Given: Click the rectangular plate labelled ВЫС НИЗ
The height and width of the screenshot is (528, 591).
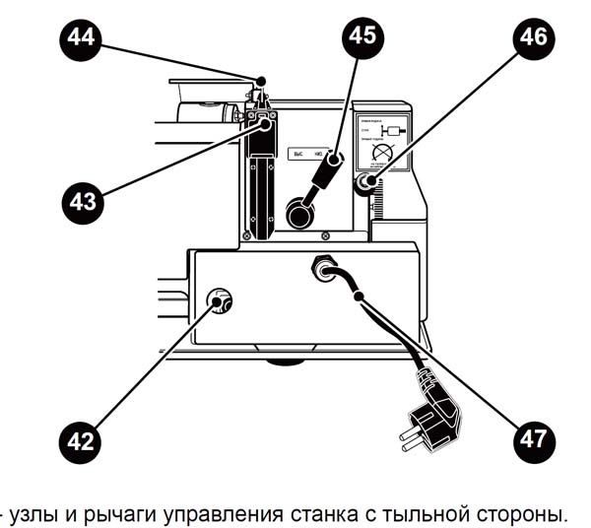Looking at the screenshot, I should [x=307, y=154].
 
